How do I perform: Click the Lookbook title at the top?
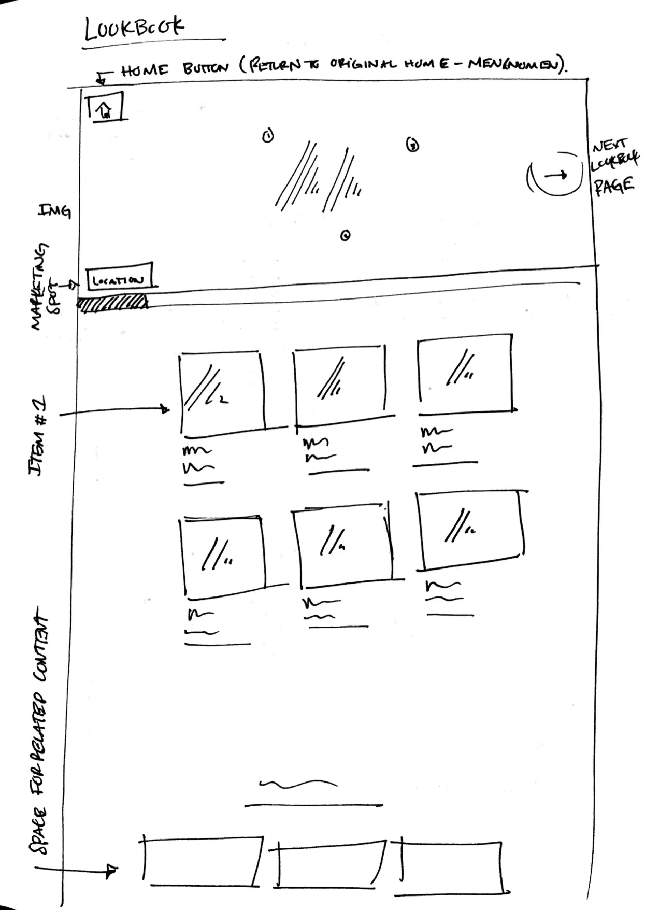click(134, 28)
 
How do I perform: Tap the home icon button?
click(106, 107)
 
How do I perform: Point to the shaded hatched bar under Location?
click(112, 303)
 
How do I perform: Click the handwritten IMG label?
click(54, 210)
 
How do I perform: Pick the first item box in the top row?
click(222, 392)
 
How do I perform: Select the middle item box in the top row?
click(339, 383)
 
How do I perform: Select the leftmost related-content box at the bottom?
click(202, 861)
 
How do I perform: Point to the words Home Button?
click(174, 69)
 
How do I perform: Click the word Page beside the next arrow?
click(614, 186)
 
